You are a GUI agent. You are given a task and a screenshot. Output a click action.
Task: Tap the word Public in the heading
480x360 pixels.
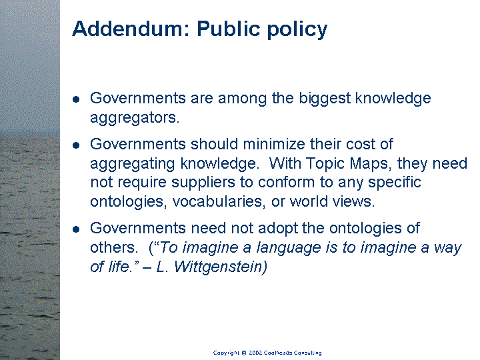(229, 29)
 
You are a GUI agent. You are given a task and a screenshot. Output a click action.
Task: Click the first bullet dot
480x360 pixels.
(76, 99)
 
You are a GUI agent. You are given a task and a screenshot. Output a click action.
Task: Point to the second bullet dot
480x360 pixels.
(76, 145)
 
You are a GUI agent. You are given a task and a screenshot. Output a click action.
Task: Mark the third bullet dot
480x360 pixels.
(76, 229)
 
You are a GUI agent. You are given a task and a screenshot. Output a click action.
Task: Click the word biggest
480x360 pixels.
(325, 99)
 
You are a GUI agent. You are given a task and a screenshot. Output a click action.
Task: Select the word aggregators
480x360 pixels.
(135, 118)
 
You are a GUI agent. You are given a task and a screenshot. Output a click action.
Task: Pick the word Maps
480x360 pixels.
(371, 163)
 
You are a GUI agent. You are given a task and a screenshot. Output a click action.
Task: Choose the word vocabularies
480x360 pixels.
(219, 201)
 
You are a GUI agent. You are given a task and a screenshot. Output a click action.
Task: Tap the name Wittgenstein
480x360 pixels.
(221, 267)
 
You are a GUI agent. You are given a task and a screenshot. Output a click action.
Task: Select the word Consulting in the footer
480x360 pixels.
(307, 353)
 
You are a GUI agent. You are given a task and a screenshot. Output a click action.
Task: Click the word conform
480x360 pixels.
(286, 183)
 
